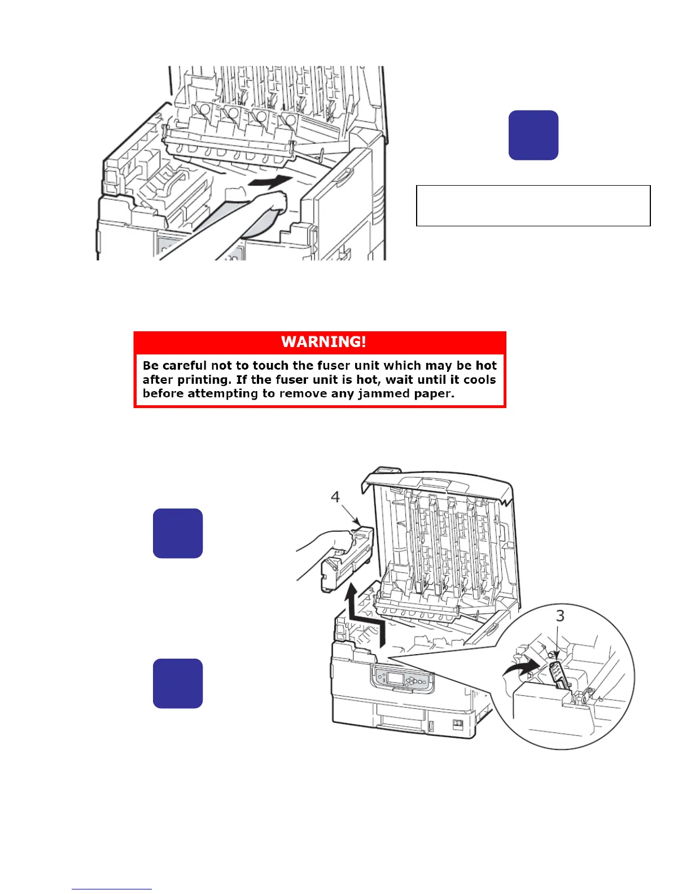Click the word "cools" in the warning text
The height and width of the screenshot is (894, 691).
(x=479, y=380)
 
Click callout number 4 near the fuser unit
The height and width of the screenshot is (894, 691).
(x=335, y=497)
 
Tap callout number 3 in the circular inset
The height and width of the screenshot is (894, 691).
(x=559, y=616)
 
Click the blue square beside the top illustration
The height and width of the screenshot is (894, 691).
(x=533, y=135)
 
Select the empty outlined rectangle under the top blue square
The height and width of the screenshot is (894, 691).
(x=533, y=205)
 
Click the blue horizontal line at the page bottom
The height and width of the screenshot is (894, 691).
(x=111, y=889)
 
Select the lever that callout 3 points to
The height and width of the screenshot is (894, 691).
(x=558, y=674)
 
